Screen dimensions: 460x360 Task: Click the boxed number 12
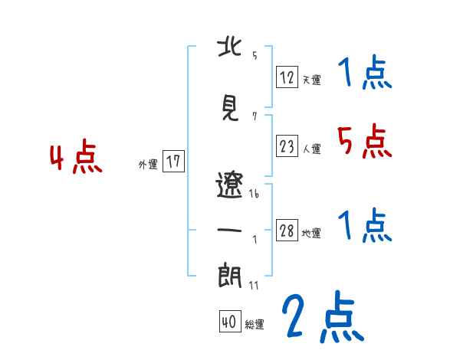coord(287,77)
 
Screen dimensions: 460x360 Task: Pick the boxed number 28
coord(287,231)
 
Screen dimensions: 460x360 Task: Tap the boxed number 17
coord(173,162)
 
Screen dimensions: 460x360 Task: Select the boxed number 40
coord(228,322)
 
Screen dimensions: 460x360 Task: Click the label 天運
coord(311,79)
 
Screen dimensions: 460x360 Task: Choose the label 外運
coord(148,164)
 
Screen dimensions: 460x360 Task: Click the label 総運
coord(254,325)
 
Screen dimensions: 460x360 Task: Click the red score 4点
coord(76,159)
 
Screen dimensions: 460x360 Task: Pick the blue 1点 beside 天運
coord(364,73)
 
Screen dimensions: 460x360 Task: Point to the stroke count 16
coord(254,195)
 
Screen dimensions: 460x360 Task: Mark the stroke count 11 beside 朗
coord(254,285)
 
